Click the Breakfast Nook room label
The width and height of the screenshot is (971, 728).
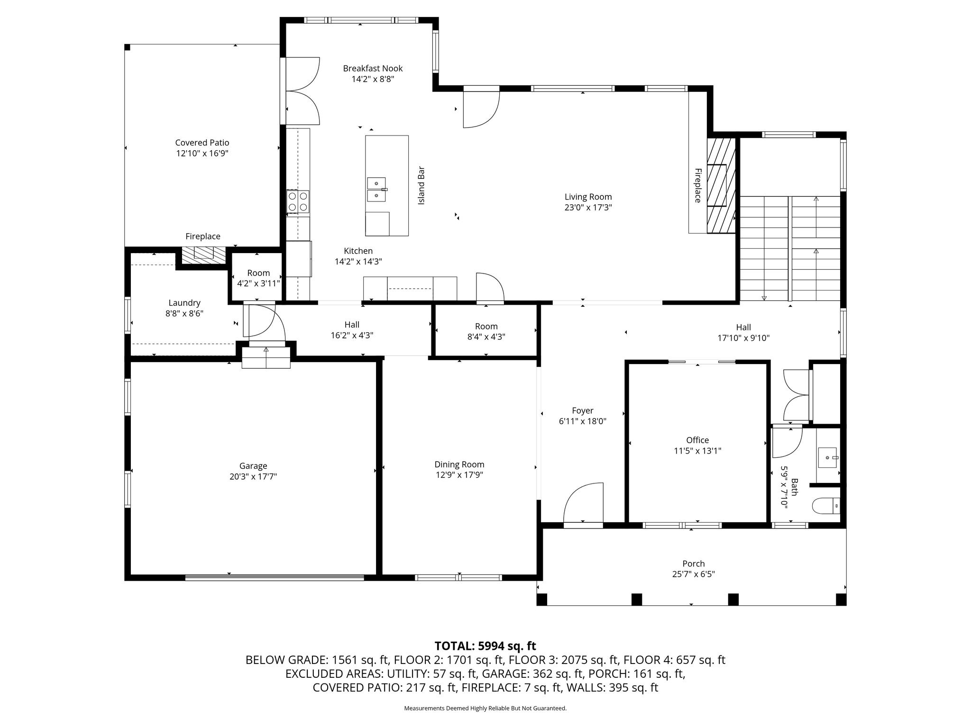(x=373, y=68)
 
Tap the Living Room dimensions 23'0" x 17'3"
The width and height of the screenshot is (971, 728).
(x=588, y=207)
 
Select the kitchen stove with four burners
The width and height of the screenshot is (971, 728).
(x=298, y=201)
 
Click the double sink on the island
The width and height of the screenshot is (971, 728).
(x=376, y=189)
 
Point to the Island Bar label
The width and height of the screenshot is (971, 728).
(x=421, y=185)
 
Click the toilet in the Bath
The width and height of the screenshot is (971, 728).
(x=826, y=506)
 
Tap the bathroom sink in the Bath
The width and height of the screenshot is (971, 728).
(x=827, y=457)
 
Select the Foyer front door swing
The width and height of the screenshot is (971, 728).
(x=583, y=503)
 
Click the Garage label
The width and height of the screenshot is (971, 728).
(x=253, y=466)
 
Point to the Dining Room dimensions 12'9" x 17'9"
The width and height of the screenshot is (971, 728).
(x=459, y=475)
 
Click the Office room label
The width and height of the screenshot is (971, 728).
(x=697, y=440)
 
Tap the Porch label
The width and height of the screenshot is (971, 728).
(x=693, y=564)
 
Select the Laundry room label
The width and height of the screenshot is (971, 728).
(x=184, y=302)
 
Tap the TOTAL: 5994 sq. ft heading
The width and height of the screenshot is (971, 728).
(x=485, y=646)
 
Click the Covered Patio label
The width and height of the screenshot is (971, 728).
(x=202, y=143)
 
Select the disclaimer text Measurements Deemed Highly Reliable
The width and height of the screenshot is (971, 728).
(x=485, y=708)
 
